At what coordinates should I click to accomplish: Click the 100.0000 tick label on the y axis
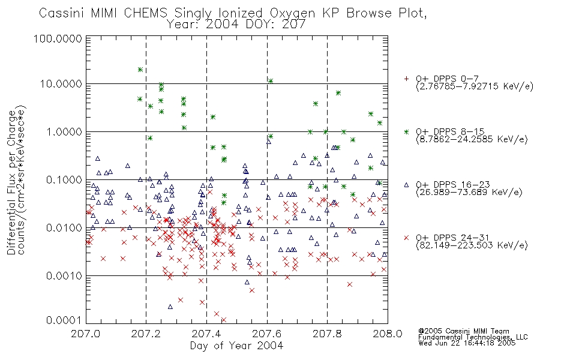(x=58, y=38)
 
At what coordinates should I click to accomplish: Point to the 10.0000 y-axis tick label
(x=61, y=84)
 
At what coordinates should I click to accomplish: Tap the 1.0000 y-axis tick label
(x=64, y=131)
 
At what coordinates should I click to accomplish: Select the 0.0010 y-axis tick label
(x=64, y=275)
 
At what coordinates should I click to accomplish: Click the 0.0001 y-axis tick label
(x=64, y=320)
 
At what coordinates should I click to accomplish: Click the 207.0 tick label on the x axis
(x=86, y=334)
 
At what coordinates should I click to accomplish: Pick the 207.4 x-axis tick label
(x=206, y=334)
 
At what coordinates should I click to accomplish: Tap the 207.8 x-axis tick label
(x=327, y=334)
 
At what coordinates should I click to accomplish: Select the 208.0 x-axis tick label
(x=388, y=334)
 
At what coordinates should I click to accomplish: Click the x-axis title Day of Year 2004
(x=236, y=346)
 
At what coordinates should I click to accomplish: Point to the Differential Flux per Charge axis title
(x=11, y=182)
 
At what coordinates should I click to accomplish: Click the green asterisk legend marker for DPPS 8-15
(x=406, y=132)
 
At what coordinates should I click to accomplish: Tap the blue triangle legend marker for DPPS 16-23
(x=406, y=185)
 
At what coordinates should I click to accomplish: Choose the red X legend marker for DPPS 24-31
(x=406, y=238)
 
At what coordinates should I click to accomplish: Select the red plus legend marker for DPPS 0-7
(x=406, y=79)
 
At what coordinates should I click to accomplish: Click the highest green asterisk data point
(x=140, y=70)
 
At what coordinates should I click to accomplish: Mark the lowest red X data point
(x=224, y=320)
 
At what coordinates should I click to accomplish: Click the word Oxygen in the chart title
(x=293, y=13)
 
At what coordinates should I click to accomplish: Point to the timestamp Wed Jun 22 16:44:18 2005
(x=467, y=343)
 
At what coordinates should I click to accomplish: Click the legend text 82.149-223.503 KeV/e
(x=472, y=245)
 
